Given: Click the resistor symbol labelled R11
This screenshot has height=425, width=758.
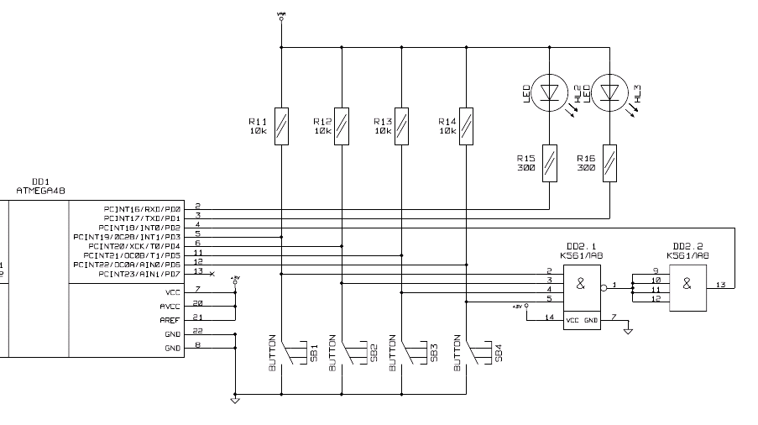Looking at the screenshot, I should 281,126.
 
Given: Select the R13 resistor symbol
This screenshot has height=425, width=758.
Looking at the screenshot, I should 402,126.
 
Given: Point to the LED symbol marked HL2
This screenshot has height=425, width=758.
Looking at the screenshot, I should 548,90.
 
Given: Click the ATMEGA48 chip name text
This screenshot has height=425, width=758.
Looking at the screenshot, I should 40,191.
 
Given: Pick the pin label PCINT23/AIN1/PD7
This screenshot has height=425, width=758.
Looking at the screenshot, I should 139,274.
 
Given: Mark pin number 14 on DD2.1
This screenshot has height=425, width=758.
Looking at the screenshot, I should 550,317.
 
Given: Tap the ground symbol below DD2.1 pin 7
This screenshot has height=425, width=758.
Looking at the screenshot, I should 627,330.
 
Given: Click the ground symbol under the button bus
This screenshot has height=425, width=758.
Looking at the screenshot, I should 235,400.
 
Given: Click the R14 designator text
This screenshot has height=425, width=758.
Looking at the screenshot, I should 447,122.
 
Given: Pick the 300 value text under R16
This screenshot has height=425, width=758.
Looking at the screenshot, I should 586,167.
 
